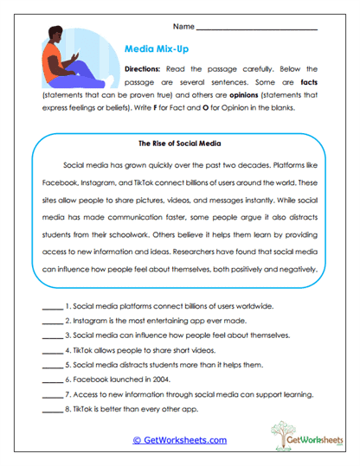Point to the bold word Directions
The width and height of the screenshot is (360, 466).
[145, 68]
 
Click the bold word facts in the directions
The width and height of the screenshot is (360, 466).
[308, 83]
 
